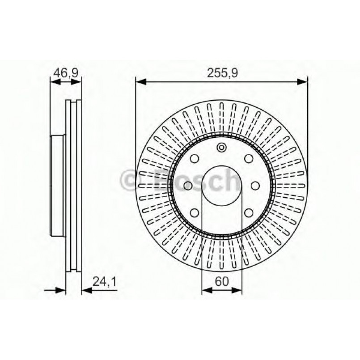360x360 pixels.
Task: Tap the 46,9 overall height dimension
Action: click(66, 72)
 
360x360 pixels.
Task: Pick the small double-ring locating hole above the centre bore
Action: click(222, 148)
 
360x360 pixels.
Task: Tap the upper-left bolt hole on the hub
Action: click(195, 159)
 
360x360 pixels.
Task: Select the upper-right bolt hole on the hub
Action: click(249, 159)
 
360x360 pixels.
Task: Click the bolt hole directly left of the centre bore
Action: click(188, 185)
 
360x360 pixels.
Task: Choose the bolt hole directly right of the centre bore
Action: click(255, 185)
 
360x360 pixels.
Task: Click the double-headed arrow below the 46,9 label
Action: click(66, 81)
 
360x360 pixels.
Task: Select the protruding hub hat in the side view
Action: click(58, 185)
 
